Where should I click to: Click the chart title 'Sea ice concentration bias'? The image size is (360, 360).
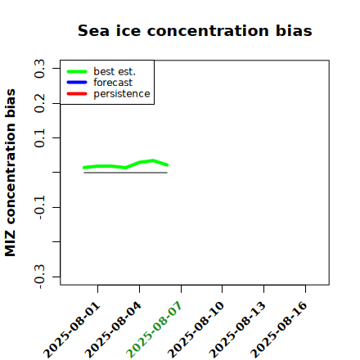click(195, 30)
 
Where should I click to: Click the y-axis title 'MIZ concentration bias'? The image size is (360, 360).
click(11, 173)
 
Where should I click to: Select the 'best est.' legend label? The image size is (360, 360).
click(115, 71)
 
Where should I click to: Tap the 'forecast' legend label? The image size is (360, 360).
click(113, 83)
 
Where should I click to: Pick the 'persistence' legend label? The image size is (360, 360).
click(122, 94)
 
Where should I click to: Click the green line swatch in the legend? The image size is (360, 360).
click(77, 71)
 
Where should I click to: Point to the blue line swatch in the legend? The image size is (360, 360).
click(77, 83)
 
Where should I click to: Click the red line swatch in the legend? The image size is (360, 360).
click(77, 94)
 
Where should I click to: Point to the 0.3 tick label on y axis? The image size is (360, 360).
click(39, 69)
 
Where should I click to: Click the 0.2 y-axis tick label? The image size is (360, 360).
click(39, 103)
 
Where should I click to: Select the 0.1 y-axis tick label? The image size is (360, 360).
click(39, 138)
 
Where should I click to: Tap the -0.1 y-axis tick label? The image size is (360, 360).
click(39, 208)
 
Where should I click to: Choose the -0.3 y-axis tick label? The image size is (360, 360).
click(39, 277)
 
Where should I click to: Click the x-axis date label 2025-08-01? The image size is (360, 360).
click(72, 330)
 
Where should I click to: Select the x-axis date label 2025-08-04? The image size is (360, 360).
click(113, 330)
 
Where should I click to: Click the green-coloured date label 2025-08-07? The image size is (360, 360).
click(154, 330)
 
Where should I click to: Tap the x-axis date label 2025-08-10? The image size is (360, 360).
click(196, 330)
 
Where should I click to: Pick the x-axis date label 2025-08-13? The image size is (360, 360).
click(237, 330)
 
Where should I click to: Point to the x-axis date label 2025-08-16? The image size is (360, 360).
click(279, 330)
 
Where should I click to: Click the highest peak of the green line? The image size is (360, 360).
click(153, 160)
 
